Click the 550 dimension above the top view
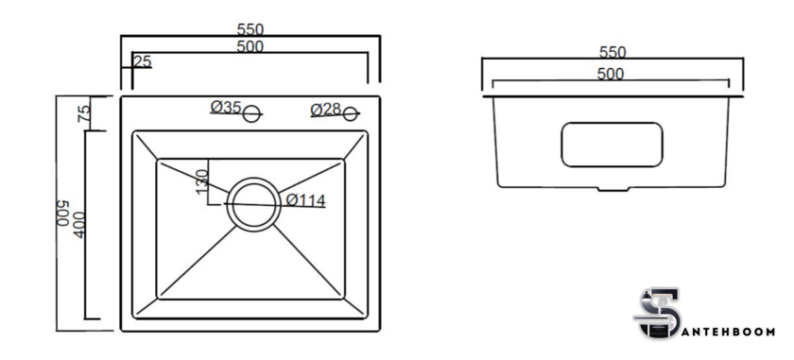(x=250, y=29)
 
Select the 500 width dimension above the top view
(x=250, y=46)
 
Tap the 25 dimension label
(x=143, y=61)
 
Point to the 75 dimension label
(x=84, y=112)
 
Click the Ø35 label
(x=226, y=107)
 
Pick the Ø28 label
(x=326, y=110)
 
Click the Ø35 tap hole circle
(x=251, y=114)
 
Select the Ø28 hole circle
(x=350, y=114)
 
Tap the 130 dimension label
(x=201, y=181)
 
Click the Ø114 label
(x=306, y=200)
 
